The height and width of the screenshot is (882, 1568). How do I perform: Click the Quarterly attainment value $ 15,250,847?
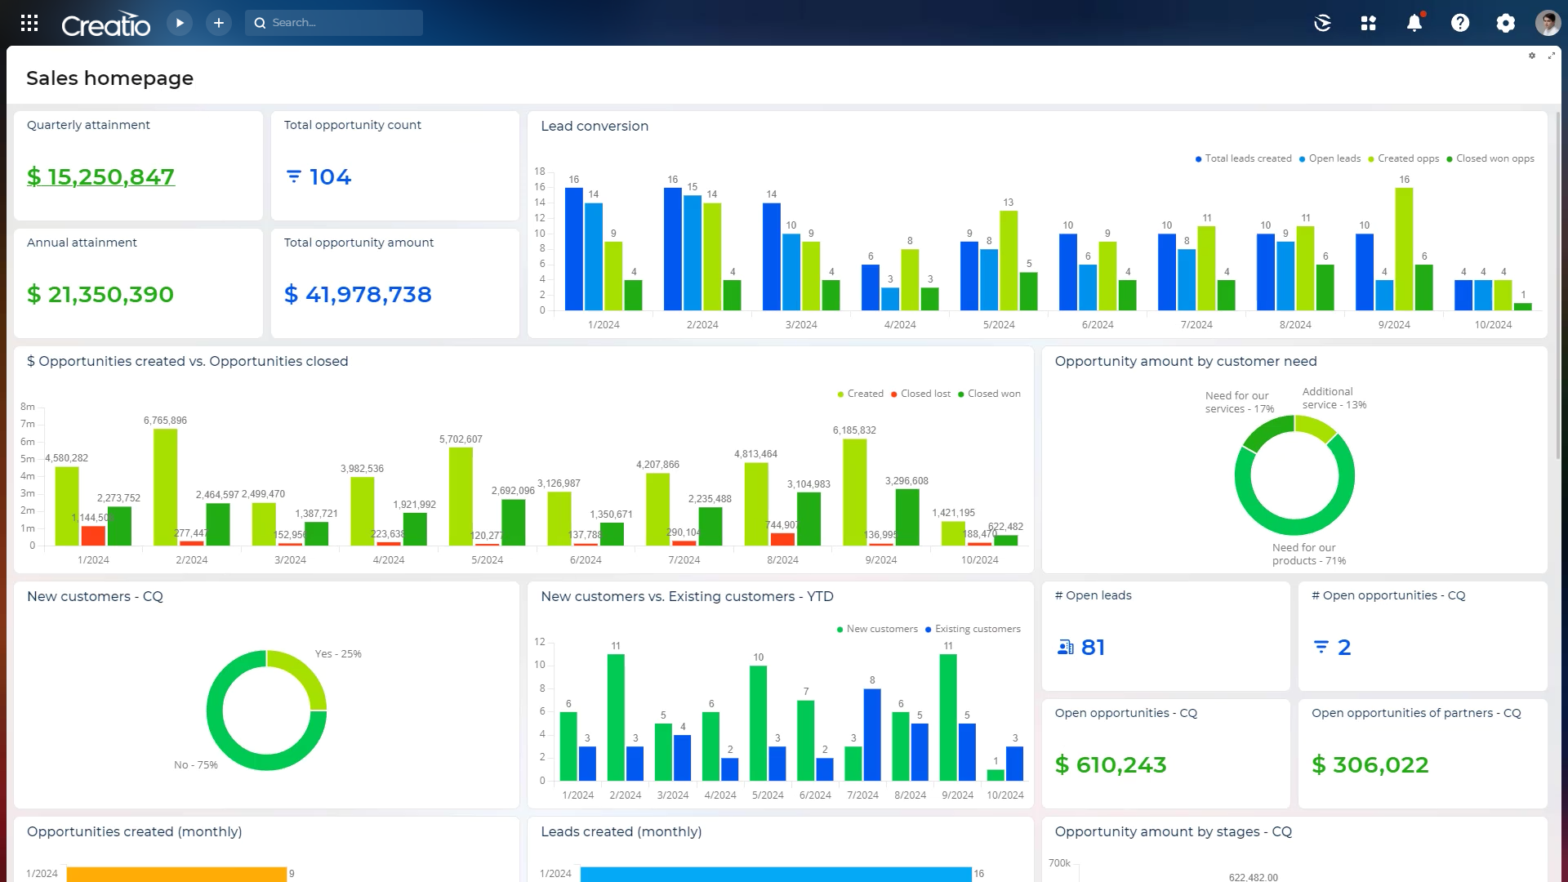coord(100,177)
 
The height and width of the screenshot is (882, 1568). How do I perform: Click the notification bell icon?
coord(1414,23)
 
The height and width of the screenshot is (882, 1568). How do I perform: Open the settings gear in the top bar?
coord(1505,23)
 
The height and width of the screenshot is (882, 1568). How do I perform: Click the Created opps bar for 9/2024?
coord(1404,249)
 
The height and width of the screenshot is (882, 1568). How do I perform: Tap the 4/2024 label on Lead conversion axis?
coord(900,325)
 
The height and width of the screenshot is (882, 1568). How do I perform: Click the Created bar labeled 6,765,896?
coord(165,487)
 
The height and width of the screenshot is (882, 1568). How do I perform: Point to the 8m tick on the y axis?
coord(28,407)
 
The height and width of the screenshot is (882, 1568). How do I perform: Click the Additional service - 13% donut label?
coord(1333,399)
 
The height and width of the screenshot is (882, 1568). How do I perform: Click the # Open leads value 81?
coord(1092,648)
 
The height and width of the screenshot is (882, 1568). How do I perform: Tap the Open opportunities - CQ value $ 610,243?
coord(1111,765)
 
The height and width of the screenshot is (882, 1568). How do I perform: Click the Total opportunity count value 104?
coord(329,177)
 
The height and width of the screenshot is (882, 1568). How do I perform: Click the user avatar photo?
coord(1548,23)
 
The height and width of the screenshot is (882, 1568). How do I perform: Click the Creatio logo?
coord(105,25)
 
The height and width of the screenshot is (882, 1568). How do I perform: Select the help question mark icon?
coord(1459,23)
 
